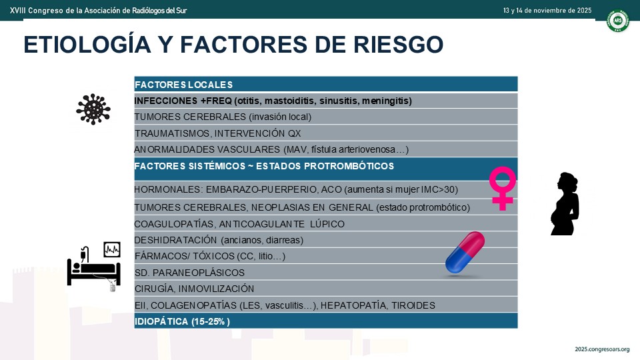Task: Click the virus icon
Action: click(93, 109)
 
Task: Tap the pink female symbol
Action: click(503, 188)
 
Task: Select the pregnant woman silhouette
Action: click(565, 204)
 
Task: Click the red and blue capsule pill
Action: click(465, 253)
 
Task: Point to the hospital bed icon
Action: click(94, 266)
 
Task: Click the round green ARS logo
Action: click(618, 21)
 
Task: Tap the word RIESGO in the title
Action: click(398, 45)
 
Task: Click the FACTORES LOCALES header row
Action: click(326, 84)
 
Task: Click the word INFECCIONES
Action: click(166, 101)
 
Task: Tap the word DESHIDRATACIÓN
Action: click(175, 240)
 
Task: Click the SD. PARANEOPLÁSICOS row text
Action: click(189, 273)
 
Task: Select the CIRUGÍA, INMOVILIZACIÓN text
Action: click(194, 289)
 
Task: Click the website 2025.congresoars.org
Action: click(602, 349)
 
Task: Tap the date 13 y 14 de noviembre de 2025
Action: click(547, 10)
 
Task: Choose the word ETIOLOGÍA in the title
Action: click(87, 44)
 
